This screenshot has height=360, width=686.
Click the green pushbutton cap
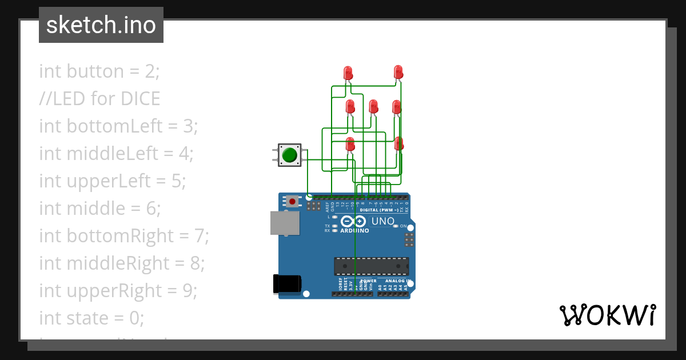[x=290, y=155]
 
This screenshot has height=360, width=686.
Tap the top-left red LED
[x=348, y=73]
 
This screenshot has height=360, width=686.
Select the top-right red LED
[x=398, y=73]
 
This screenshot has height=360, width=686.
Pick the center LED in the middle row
[x=373, y=107]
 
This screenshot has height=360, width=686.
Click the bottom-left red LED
[x=350, y=144]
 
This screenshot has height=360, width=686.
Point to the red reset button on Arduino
[x=293, y=201]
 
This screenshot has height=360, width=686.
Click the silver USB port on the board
[x=285, y=223]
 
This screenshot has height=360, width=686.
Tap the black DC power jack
[x=286, y=284]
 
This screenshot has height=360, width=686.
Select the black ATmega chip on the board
[x=372, y=266]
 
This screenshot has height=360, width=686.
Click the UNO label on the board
[x=382, y=221]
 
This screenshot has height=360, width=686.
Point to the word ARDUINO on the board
[x=354, y=231]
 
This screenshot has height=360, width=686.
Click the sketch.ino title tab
[x=101, y=25]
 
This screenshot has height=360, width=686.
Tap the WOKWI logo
[x=607, y=315]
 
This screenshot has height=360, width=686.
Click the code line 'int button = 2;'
[x=99, y=71]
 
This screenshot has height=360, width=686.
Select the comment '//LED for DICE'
[x=99, y=99]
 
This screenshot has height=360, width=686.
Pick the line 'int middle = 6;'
[x=99, y=209]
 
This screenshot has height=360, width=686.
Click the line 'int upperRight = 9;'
[x=118, y=291]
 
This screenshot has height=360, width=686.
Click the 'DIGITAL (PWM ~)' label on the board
[x=379, y=210]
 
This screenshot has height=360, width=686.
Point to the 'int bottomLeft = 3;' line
[x=118, y=126]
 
